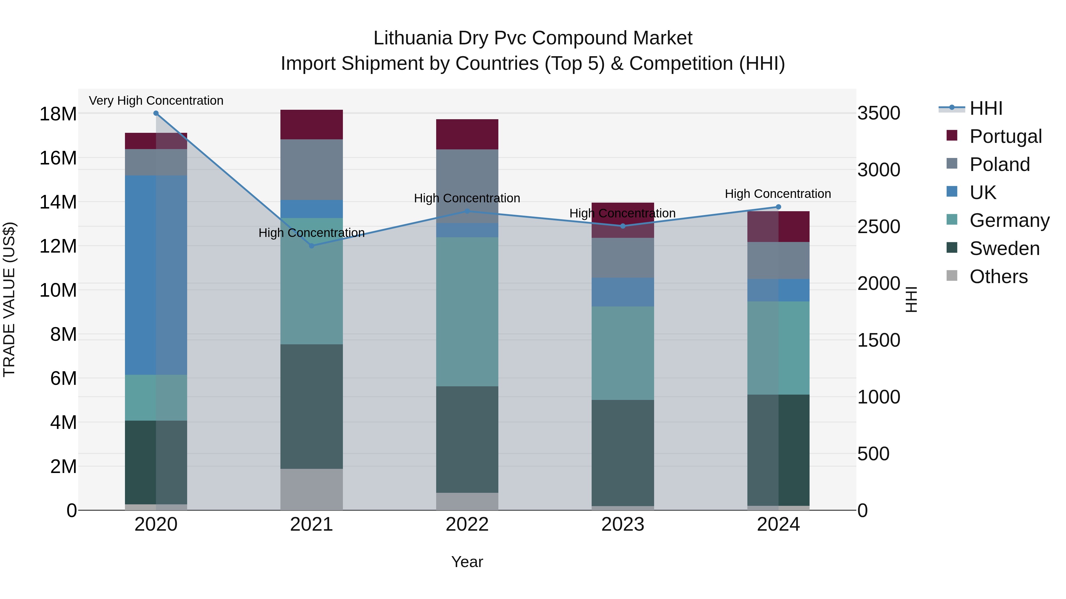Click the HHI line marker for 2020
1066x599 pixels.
156,113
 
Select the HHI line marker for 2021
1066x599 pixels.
312,246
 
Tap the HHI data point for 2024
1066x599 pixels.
778,207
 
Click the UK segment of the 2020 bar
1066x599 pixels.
141,275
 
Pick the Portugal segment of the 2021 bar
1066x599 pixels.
312,125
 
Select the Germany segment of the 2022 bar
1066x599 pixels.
467,312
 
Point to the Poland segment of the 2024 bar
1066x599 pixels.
778,260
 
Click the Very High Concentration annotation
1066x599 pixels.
156,101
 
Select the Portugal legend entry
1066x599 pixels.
1005,136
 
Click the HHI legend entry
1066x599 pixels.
986,108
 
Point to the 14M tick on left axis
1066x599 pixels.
58,202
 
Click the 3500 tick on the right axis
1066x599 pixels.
878,113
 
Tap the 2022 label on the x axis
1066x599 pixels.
467,524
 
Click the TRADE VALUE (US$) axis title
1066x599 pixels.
9,299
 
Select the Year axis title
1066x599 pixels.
467,562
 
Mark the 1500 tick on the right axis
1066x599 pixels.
878,340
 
